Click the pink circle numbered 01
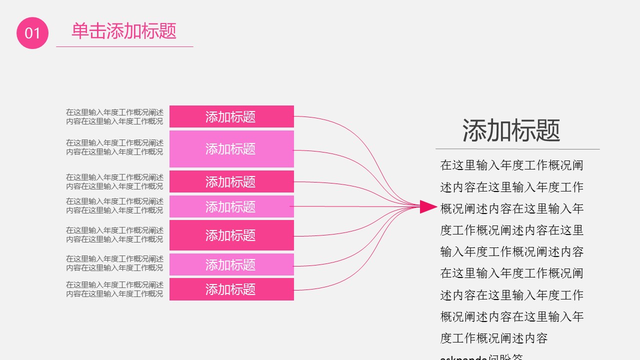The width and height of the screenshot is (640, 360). click(32, 33)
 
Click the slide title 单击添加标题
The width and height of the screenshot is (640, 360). click(124, 31)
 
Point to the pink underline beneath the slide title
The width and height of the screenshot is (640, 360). click(124, 46)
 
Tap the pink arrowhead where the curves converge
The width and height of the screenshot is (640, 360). click(427, 206)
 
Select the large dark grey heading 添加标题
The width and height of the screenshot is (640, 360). click(511, 130)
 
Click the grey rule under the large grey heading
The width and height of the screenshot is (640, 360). click(517, 149)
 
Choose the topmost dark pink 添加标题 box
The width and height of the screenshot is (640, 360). click(231, 116)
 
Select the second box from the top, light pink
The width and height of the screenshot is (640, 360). click(231, 148)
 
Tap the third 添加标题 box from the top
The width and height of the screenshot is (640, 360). click(231, 181)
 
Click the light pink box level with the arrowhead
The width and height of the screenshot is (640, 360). click(231, 206)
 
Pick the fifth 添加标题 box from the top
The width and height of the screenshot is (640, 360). click(231, 235)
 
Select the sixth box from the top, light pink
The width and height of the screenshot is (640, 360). click(231, 264)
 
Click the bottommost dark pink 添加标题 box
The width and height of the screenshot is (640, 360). click(231, 289)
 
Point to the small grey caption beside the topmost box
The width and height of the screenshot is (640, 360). click(114, 116)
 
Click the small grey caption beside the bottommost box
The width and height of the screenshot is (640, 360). click(114, 289)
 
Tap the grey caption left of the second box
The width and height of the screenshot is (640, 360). click(114, 147)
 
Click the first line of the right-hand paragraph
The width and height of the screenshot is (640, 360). click(511, 165)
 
